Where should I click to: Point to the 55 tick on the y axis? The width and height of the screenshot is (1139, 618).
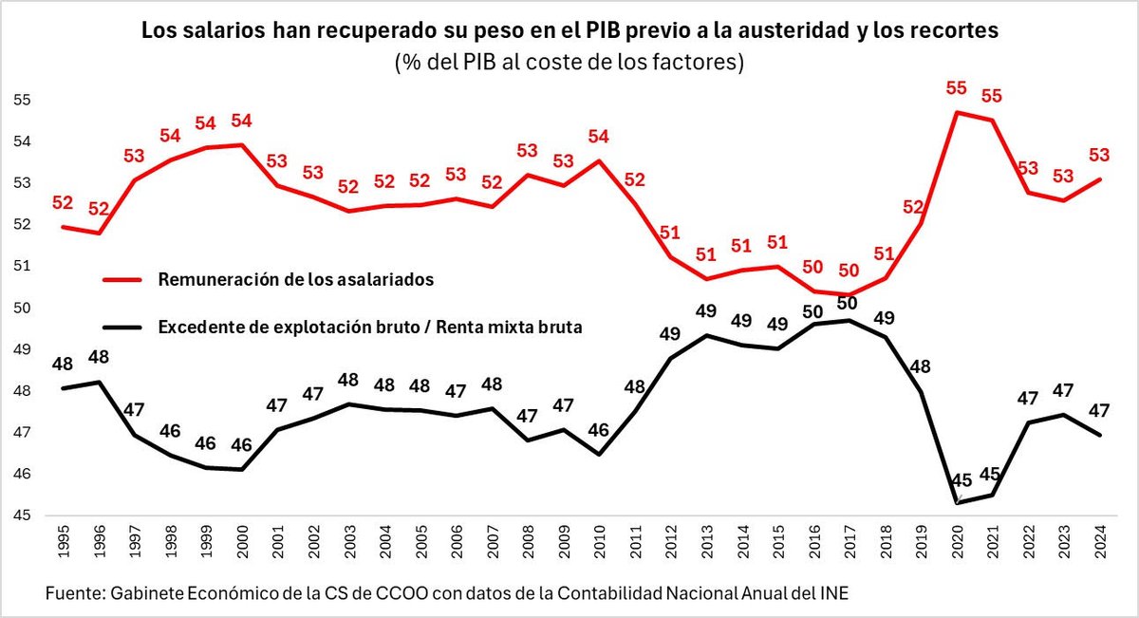pyautogui.click(x=24, y=100)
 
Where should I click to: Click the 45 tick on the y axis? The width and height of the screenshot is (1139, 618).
pyautogui.click(x=24, y=515)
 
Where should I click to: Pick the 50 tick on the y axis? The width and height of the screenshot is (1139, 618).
pyautogui.click(x=24, y=308)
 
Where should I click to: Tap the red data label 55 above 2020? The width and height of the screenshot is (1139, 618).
pyautogui.click(x=957, y=88)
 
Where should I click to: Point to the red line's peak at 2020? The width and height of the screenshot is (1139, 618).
pyautogui.click(x=958, y=112)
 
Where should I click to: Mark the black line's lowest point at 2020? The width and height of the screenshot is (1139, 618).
pyautogui.click(x=958, y=503)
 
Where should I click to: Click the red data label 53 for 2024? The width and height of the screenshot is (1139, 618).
pyautogui.click(x=1099, y=155)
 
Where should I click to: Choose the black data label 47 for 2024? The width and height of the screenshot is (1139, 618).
pyautogui.click(x=1099, y=410)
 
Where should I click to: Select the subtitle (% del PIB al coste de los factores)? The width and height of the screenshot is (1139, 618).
pyautogui.click(x=569, y=63)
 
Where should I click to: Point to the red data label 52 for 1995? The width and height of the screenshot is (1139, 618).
pyautogui.click(x=64, y=202)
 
